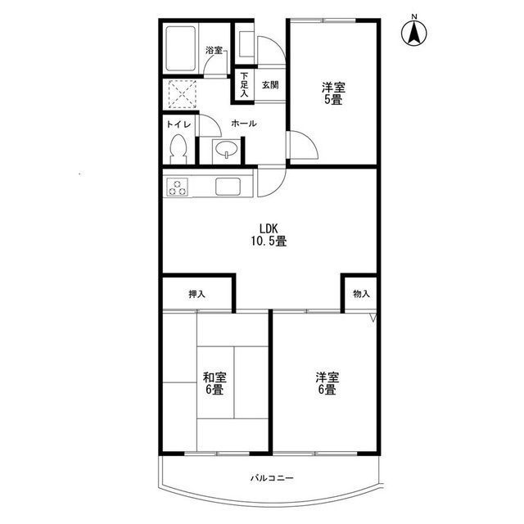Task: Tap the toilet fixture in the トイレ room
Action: click(x=178, y=149)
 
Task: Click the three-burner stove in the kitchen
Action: click(x=177, y=187)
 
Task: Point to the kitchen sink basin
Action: click(x=228, y=187)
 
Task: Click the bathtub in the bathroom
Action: click(x=180, y=48)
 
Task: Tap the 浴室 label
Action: click(x=214, y=51)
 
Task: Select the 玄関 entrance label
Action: click(x=269, y=85)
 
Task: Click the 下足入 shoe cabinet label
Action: click(x=244, y=84)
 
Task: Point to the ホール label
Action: click(x=244, y=124)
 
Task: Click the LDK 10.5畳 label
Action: click(x=269, y=235)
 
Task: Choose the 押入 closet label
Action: click(x=196, y=295)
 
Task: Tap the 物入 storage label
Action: click(x=361, y=294)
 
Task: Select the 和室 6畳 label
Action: click(x=215, y=383)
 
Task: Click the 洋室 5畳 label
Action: click(x=333, y=94)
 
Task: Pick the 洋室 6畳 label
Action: click(x=327, y=383)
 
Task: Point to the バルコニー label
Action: click(x=272, y=478)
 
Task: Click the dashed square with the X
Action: click(x=182, y=94)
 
